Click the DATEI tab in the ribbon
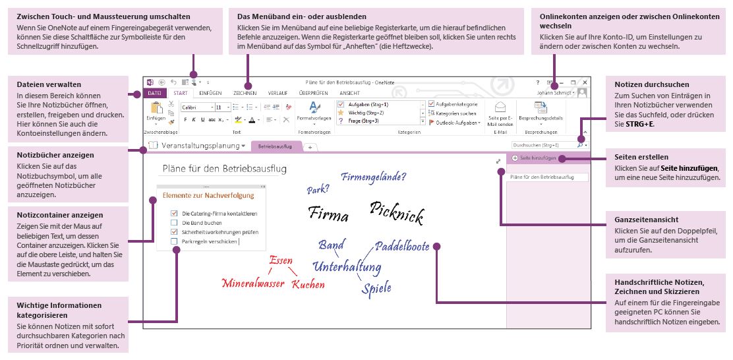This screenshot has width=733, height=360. click(x=154, y=94)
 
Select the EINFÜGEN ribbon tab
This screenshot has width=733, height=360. click(x=210, y=94)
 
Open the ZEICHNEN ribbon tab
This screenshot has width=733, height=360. click(x=245, y=94)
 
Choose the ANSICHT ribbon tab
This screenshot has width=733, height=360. click(x=349, y=94)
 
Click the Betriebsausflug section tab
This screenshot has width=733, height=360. click(x=275, y=145)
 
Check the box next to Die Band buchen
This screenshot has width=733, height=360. click(x=174, y=223)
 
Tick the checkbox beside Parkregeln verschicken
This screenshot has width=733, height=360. click(x=174, y=241)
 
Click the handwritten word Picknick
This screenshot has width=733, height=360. click(x=396, y=212)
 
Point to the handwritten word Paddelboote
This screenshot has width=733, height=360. click(x=402, y=247)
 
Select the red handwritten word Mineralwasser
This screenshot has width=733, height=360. click(x=253, y=284)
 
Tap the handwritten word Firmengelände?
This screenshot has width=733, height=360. click(x=373, y=177)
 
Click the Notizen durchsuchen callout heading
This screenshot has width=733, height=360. click(x=651, y=84)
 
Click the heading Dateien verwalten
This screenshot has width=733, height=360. click(x=49, y=84)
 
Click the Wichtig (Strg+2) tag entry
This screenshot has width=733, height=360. click(x=360, y=113)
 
